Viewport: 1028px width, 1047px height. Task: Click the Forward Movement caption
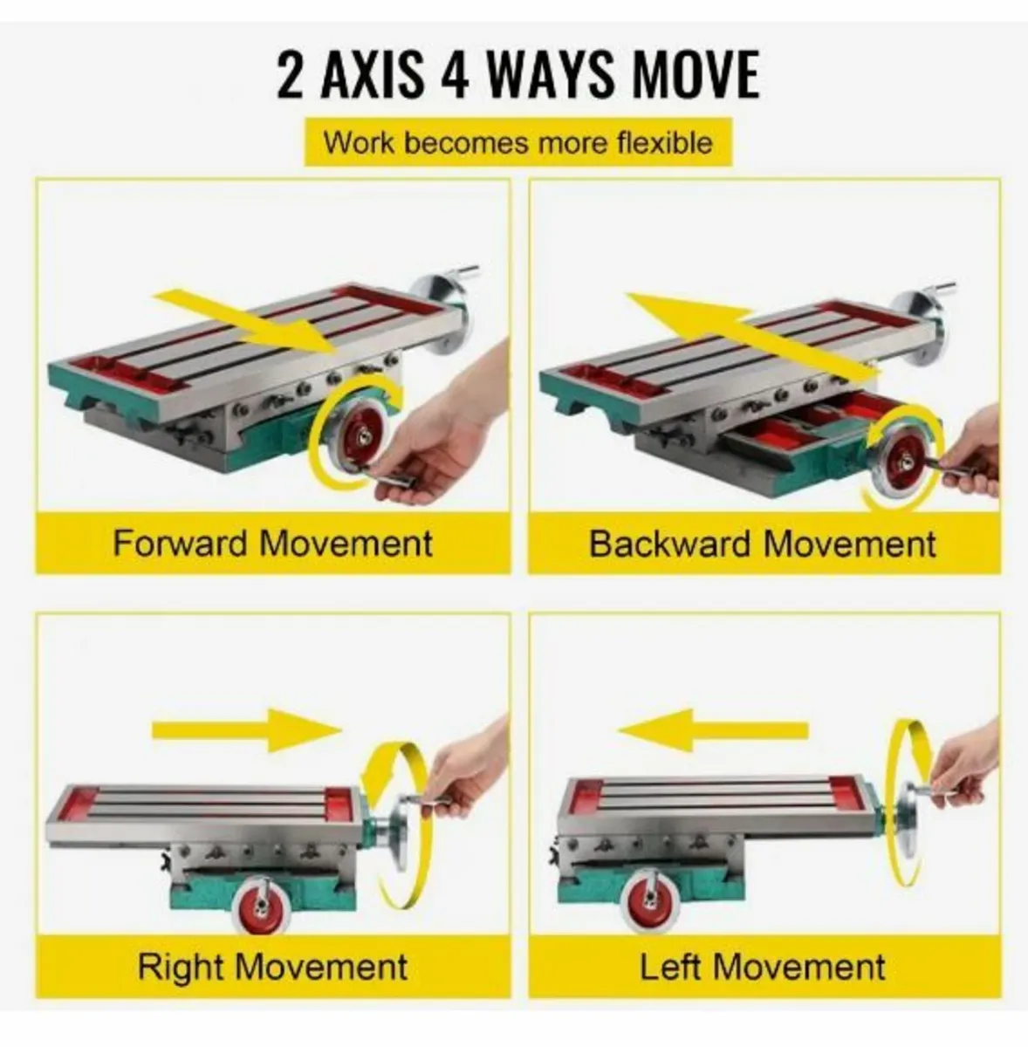(272, 543)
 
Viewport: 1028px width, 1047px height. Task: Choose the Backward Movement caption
(763, 544)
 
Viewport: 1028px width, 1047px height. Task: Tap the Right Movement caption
(272, 967)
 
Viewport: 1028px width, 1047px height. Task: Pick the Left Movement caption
(762, 967)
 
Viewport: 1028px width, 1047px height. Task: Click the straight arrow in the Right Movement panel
(247, 731)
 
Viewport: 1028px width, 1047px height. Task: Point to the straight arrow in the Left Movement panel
(713, 730)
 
